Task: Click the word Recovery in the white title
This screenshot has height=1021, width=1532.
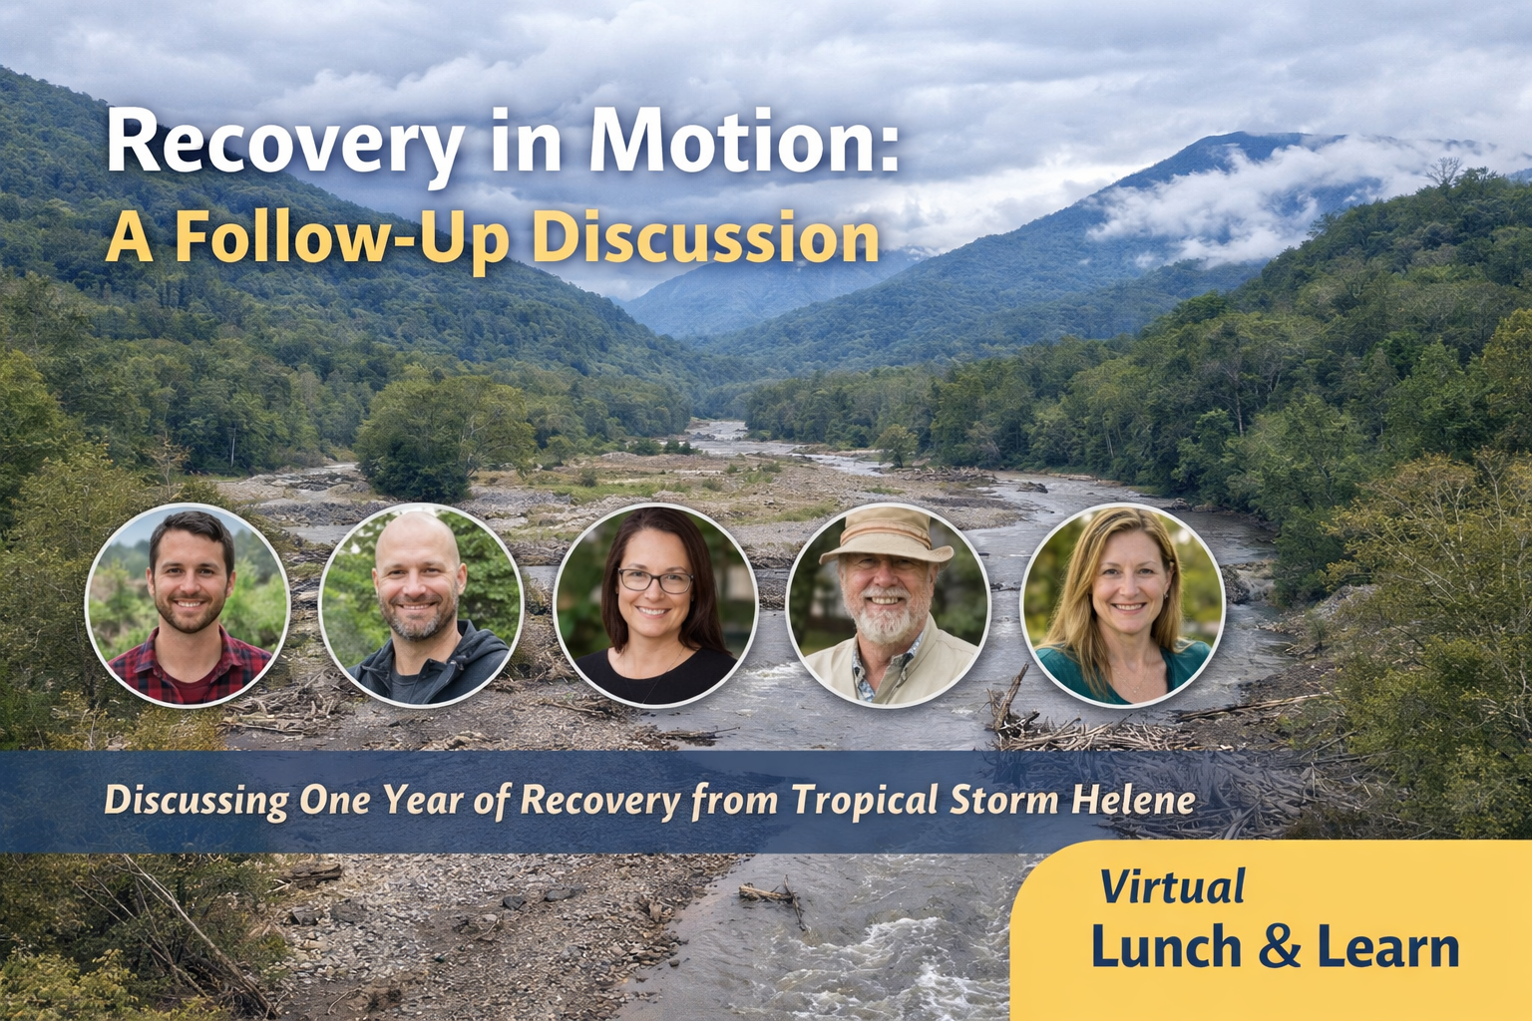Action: (x=283, y=146)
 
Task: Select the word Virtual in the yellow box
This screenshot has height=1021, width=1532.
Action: (x=1173, y=886)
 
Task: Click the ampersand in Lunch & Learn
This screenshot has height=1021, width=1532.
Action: (x=1280, y=947)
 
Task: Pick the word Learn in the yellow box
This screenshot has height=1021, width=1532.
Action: (x=1387, y=947)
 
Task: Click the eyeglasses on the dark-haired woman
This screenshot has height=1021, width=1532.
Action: (x=654, y=580)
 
